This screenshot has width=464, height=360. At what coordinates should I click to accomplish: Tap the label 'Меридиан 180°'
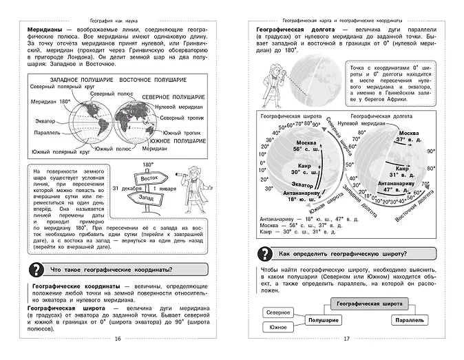point(49,102)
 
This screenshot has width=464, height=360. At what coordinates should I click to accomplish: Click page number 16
point(116,338)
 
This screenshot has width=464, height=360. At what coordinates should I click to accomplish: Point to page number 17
point(346,338)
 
